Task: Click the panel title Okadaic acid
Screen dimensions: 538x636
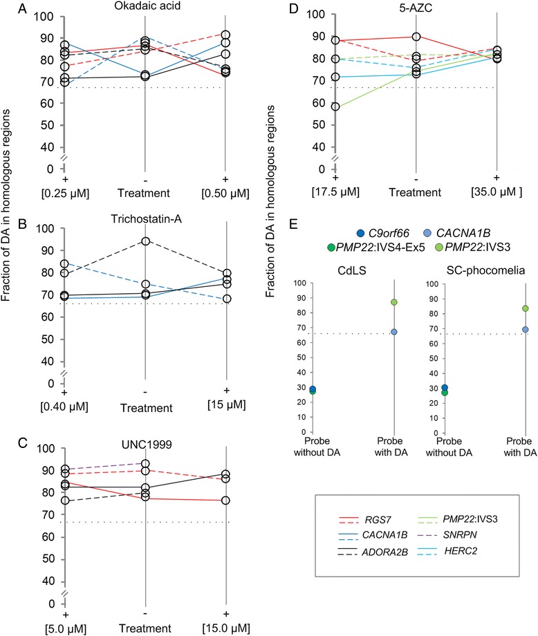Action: coord(147,6)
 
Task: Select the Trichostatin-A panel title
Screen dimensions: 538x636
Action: coord(147,219)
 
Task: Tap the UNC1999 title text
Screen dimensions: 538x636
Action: coord(147,445)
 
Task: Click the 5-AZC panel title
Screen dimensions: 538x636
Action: coord(416,8)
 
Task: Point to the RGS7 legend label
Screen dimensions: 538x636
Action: coord(378,520)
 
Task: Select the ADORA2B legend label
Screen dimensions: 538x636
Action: coord(384,552)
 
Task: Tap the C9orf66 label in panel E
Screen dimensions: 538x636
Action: coord(389,233)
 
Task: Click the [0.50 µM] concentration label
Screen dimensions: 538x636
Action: coord(225,194)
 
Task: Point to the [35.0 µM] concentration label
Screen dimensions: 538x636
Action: coord(497,191)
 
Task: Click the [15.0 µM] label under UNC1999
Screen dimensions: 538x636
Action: coord(226,628)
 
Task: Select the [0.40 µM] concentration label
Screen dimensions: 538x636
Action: coord(64,406)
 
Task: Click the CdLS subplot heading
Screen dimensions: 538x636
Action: coord(352,270)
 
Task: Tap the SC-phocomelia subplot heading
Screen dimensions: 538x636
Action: coord(485,270)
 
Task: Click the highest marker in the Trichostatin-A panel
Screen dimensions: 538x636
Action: coord(145,241)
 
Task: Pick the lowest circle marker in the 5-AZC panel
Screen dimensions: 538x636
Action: coord(335,106)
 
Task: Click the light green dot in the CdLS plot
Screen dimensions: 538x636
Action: coord(393,302)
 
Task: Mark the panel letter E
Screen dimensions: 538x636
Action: coord(293,223)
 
